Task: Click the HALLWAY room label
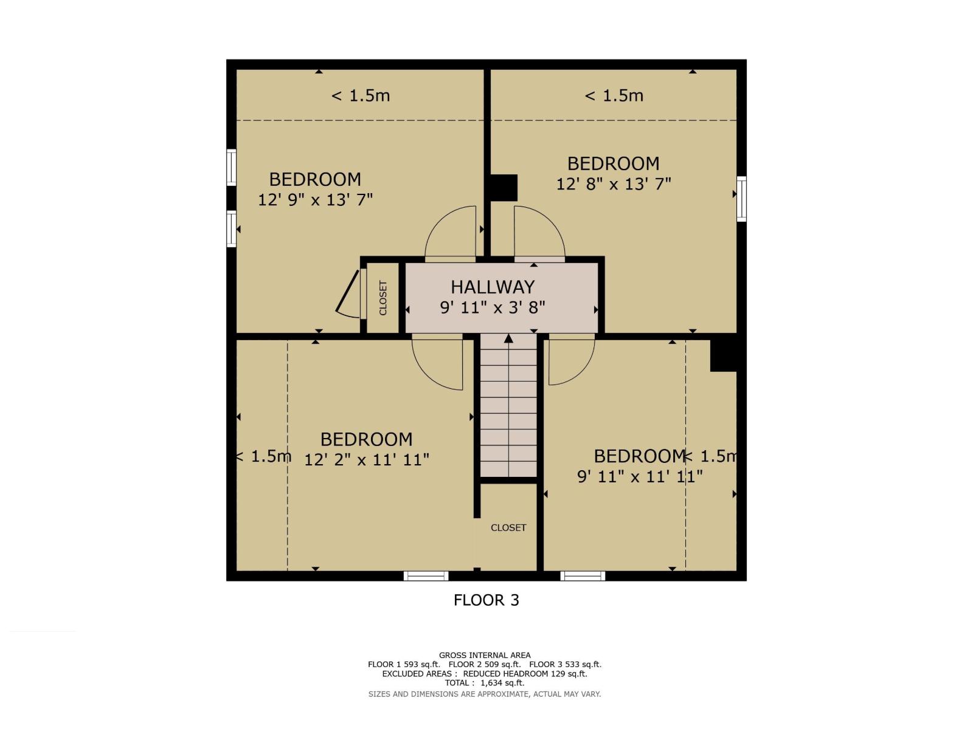[x=493, y=287]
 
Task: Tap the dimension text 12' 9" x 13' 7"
[x=315, y=199]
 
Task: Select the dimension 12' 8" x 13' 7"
[x=614, y=183]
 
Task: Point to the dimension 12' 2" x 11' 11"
[x=367, y=459]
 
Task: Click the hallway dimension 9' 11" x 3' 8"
[x=493, y=307]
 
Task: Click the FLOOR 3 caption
[x=486, y=600]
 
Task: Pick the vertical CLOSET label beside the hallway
[x=383, y=298]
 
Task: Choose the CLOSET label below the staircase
[x=508, y=527]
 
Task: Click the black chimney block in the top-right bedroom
[x=504, y=188]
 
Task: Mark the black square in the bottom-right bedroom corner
[x=724, y=355]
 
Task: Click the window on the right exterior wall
[x=741, y=199]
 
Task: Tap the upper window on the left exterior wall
[x=231, y=167]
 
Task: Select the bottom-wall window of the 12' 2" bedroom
[x=426, y=576]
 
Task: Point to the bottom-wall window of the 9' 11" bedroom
[x=583, y=576]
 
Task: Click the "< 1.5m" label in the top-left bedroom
[x=361, y=95]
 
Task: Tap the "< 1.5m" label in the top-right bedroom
[x=614, y=95]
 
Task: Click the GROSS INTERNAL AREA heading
[x=485, y=655]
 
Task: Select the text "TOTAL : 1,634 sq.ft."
[x=485, y=683]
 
